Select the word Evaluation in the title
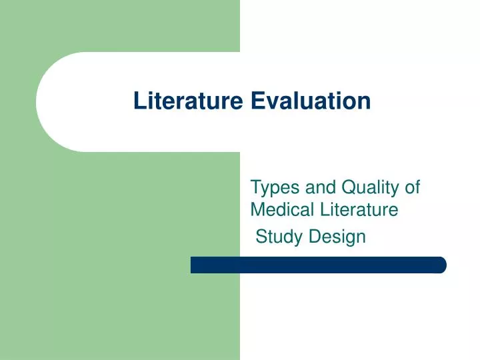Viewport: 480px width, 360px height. click(x=311, y=101)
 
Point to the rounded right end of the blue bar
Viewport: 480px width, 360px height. click(x=441, y=265)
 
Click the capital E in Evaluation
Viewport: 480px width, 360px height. click(x=257, y=101)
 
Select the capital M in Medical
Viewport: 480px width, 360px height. click(x=257, y=210)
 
